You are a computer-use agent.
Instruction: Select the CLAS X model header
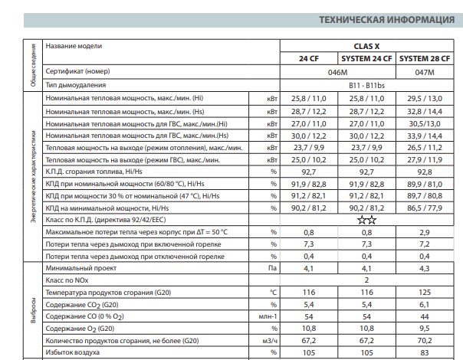point(365,46)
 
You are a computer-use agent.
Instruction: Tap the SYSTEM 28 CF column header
point(428,58)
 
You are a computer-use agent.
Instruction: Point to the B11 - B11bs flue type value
point(366,85)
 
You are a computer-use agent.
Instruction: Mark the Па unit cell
point(272,269)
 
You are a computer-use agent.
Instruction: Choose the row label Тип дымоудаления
point(75,85)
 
